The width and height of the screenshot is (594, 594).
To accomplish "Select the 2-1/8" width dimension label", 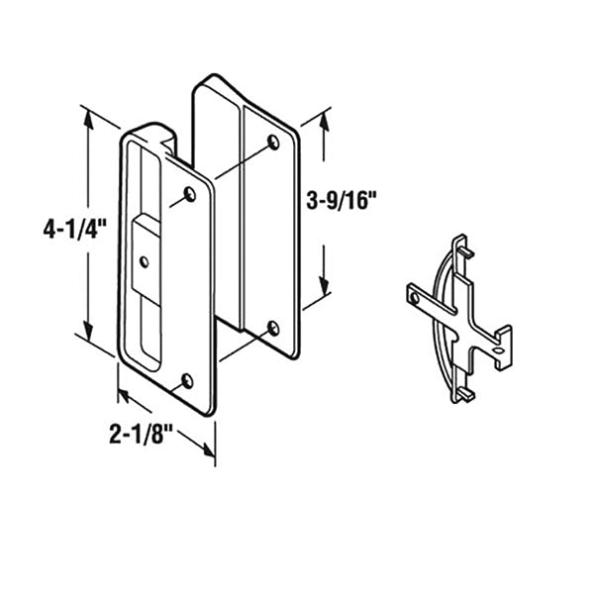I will tap(148, 433).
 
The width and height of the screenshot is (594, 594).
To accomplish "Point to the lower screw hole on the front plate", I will tap(188, 379).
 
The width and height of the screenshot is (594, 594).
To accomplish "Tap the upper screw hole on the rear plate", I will tap(273, 145).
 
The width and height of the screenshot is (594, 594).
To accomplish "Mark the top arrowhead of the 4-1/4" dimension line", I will tap(91, 116).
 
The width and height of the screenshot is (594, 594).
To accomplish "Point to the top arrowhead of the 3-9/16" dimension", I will tap(323, 122).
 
